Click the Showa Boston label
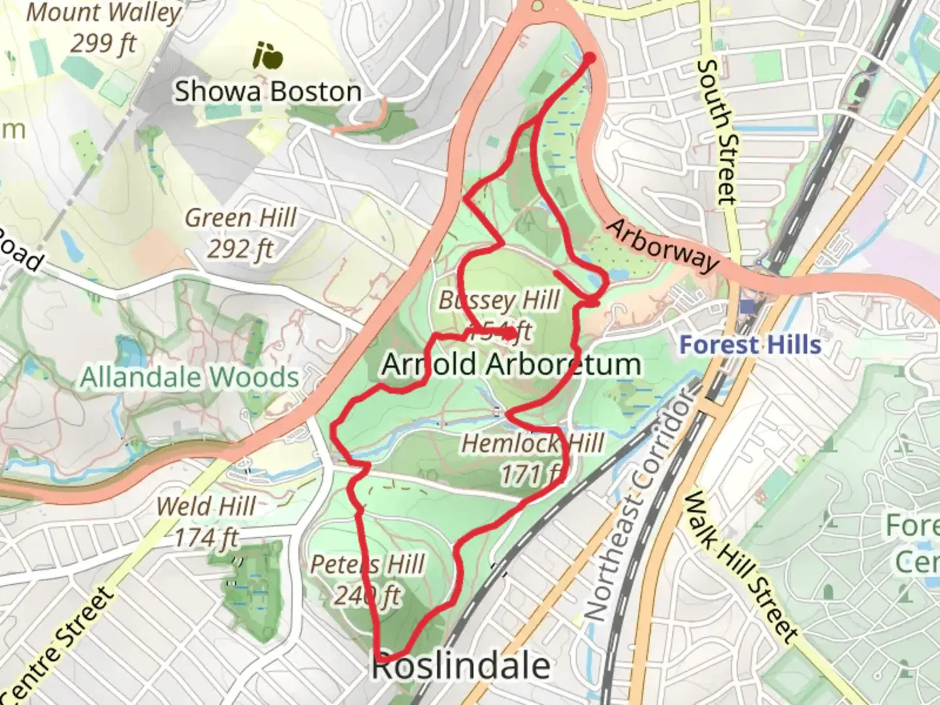coord(268,91)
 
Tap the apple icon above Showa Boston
coord(268,56)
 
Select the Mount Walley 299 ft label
coord(103,28)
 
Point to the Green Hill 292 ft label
coord(240,232)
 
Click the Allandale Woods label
coord(189,377)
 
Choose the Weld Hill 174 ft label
coord(206,522)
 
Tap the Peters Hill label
coord(368,565)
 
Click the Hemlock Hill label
coord(533,444)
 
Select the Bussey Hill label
coord(499,300)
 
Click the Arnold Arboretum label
coord(511,364)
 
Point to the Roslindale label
coord(461,666)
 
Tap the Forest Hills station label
coord(750,344)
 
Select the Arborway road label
coord(663,245)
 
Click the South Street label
coord(716,131)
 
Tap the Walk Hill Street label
coord(742,567)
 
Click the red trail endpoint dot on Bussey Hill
coord(510,334)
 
